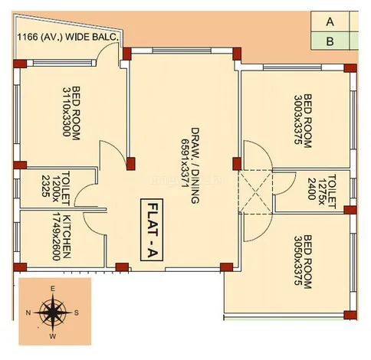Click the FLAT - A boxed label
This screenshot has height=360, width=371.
click(x=152, y=230)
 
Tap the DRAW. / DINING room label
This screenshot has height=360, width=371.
click(x=195, y=165)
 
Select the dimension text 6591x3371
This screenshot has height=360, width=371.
click(x=185, y=163)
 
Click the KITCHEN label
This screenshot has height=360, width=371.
click(x=67, y=237)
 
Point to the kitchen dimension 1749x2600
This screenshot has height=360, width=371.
click(x=56, y=236)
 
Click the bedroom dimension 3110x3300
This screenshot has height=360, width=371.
click(x=67, y=112)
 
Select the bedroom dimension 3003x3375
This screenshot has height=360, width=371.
click(x=298, y=119)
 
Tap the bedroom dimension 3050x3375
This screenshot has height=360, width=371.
click(x=298, y=260)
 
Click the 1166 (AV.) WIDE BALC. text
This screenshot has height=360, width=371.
click(x=68, y=37)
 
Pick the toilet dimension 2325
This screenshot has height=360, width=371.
click(x=45, y=186)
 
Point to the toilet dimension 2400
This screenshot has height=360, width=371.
click(x=312, y=188)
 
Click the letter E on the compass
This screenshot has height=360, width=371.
click(x=53, y=289)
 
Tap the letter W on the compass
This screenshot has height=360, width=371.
click(x=53, y=336)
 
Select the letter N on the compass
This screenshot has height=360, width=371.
click(x=28, y=313)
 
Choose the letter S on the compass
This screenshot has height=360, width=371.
click(x=76, y=313)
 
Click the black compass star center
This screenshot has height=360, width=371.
click(x=53, y=313)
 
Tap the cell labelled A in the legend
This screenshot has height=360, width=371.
click(x=330, y=22)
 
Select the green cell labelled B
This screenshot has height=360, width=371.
click(x=330, y=41)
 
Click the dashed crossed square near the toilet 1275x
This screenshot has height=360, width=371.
click(x=255, y=191)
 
